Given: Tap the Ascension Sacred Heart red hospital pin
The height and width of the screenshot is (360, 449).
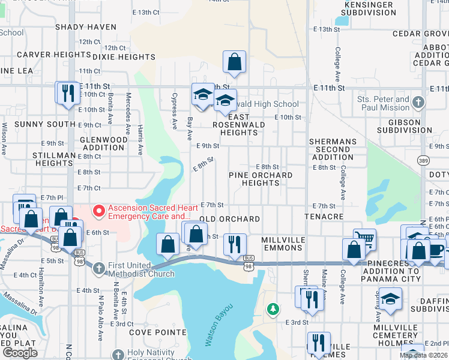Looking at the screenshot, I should coord(98,211).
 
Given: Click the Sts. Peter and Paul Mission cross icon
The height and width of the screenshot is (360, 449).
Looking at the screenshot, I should coord(418,103).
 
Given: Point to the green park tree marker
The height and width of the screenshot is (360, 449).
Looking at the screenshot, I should coord(273,309).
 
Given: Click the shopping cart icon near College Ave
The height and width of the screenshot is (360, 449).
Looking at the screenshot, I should coord(364,239).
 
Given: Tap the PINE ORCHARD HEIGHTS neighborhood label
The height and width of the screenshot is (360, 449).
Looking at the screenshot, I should coord(261,179).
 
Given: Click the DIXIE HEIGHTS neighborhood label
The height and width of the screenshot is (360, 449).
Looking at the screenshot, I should coord(124,57).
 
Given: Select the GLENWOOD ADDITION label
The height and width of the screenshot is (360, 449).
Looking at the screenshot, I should coord(103,143).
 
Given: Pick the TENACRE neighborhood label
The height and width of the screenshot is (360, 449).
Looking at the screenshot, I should coord(324,216).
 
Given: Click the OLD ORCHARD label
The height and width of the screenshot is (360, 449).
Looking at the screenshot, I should coord(221,220).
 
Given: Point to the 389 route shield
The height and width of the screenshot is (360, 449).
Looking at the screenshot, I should coord(423,161).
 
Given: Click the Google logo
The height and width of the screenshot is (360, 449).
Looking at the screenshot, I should coord(20,353).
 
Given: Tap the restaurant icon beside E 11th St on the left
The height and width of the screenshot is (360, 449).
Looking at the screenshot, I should coord(67,92).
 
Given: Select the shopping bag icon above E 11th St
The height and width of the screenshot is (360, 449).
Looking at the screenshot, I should coord(234,61).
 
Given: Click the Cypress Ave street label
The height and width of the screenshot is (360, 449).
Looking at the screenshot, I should coord(175,111).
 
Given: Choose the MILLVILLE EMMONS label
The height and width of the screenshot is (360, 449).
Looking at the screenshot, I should coord(283,244).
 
